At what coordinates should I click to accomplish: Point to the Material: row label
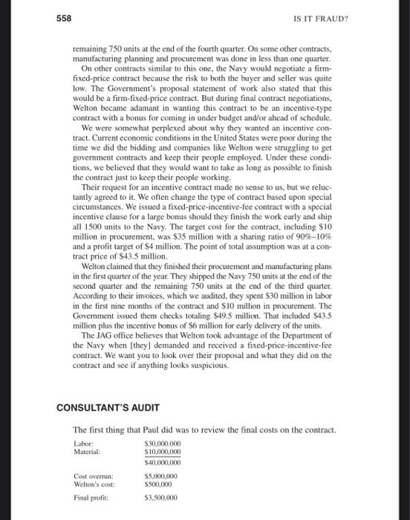[86, 452]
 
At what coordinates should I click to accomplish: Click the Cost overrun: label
[91, 475]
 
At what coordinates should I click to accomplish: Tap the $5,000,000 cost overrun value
[160, 475]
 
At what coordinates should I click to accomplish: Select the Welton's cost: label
[92, 484]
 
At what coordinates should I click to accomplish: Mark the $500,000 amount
[157, 484]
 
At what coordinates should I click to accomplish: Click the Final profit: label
[91, 497]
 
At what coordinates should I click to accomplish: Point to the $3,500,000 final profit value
[160, 497]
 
